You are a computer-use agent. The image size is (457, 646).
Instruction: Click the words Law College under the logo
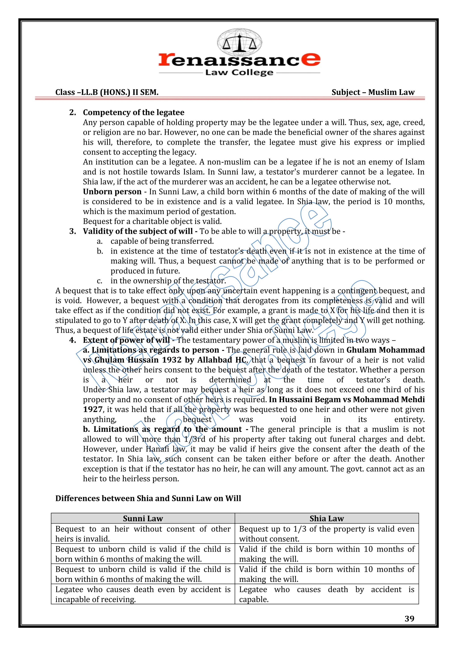[x=239, y=72]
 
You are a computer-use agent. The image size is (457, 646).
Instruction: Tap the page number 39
[x=409, y=618]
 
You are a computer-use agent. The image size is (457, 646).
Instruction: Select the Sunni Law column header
[x=143, y=518]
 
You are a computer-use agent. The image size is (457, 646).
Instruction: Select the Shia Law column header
[x=327, y=518]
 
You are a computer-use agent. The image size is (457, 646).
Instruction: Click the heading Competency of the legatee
[x=133, y=112]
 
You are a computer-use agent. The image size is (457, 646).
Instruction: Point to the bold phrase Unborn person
[x=112, y=192]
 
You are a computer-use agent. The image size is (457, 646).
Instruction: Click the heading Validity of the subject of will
[x=138, y=231]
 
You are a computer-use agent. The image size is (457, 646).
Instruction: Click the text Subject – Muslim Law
[x=373, y=92]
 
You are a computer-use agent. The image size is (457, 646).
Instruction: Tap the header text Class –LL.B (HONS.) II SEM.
[x=107, y=92]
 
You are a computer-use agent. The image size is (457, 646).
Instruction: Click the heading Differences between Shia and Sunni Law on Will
[x=148, y=498]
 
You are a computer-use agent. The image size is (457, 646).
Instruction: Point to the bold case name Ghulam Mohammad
[x=386, y=350]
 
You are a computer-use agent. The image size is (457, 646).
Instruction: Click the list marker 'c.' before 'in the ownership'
[x=100, y=281]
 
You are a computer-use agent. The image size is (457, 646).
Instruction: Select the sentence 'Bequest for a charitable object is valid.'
[x=152, y=222]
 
